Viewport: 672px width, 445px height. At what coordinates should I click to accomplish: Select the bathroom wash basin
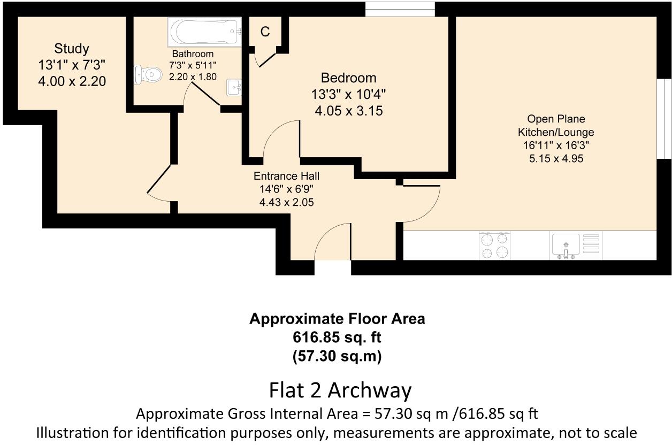click(x=234, y=87)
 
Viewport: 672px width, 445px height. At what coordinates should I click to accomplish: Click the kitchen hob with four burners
click(x=494, y=245)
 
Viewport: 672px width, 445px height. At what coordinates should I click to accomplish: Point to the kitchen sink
click(x=566, y=245)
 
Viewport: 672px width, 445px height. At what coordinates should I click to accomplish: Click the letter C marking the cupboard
click(x=265, y=32)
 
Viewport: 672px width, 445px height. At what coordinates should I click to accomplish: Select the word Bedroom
click(x=348, y=78)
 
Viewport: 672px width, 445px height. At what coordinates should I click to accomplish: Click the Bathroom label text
click(x=193, y=54)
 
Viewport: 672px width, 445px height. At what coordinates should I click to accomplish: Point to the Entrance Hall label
click(x=286, y=175)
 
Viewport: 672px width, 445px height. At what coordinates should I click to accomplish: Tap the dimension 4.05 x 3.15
click(x=348, y=111)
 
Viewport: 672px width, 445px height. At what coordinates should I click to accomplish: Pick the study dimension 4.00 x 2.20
click(x=72, y=81)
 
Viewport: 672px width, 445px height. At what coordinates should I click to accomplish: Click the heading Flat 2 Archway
click(x=340, y=390)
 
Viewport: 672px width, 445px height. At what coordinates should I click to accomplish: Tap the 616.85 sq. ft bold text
click(x=337, y=337)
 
